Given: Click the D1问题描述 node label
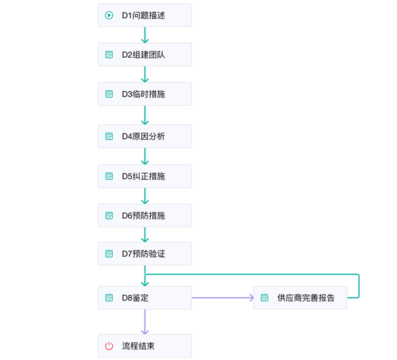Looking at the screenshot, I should [143, 15].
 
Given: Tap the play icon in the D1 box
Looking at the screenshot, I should [109, 15].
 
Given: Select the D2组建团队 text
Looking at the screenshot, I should [143, 54].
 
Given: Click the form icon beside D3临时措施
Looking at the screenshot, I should [109, 94].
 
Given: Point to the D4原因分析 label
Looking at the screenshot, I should [143, 136].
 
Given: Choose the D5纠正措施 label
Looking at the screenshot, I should [143, 176].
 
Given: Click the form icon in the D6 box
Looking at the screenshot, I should [109, 215].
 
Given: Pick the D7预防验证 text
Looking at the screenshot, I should [143, 253].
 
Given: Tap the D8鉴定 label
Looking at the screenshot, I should [135, 297].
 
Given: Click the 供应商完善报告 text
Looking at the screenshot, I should [306, 298].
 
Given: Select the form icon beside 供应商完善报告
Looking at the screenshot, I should [264, 298].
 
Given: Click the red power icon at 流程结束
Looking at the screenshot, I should [109, 346].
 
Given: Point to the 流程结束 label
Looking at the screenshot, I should [138, 346].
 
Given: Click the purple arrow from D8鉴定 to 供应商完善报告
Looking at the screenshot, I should [222, 298].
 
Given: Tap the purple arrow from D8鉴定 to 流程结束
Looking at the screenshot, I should [145, 322].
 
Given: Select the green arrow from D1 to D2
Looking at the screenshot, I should [145, 35].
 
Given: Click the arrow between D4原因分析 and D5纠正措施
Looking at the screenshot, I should [145, 157].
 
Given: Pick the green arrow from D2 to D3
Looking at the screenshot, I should [145, 75].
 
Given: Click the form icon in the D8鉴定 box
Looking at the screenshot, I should [109, 297].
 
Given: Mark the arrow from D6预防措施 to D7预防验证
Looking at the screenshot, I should [145, 235].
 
